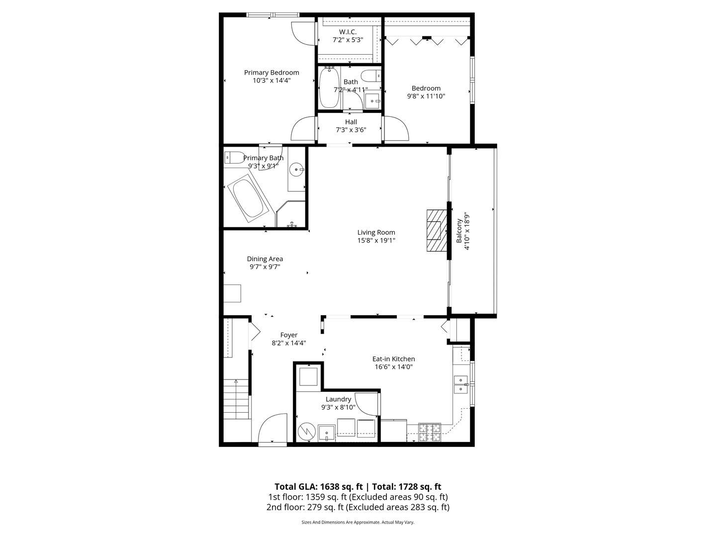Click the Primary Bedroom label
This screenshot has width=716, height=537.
271,73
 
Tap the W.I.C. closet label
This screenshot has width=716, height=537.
348,32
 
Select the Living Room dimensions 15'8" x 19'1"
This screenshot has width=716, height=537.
376,241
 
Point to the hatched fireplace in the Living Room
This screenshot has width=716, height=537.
436,230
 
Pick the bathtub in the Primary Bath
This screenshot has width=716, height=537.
249,198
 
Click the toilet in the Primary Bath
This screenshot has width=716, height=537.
233,157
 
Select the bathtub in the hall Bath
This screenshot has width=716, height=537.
329,88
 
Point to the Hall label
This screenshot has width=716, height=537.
351,122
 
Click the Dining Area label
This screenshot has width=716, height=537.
265,259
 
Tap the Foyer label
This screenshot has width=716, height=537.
289,335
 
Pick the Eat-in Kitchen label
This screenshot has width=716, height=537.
394,359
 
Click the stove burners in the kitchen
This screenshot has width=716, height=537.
429,432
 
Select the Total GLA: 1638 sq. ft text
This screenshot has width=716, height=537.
318,487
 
